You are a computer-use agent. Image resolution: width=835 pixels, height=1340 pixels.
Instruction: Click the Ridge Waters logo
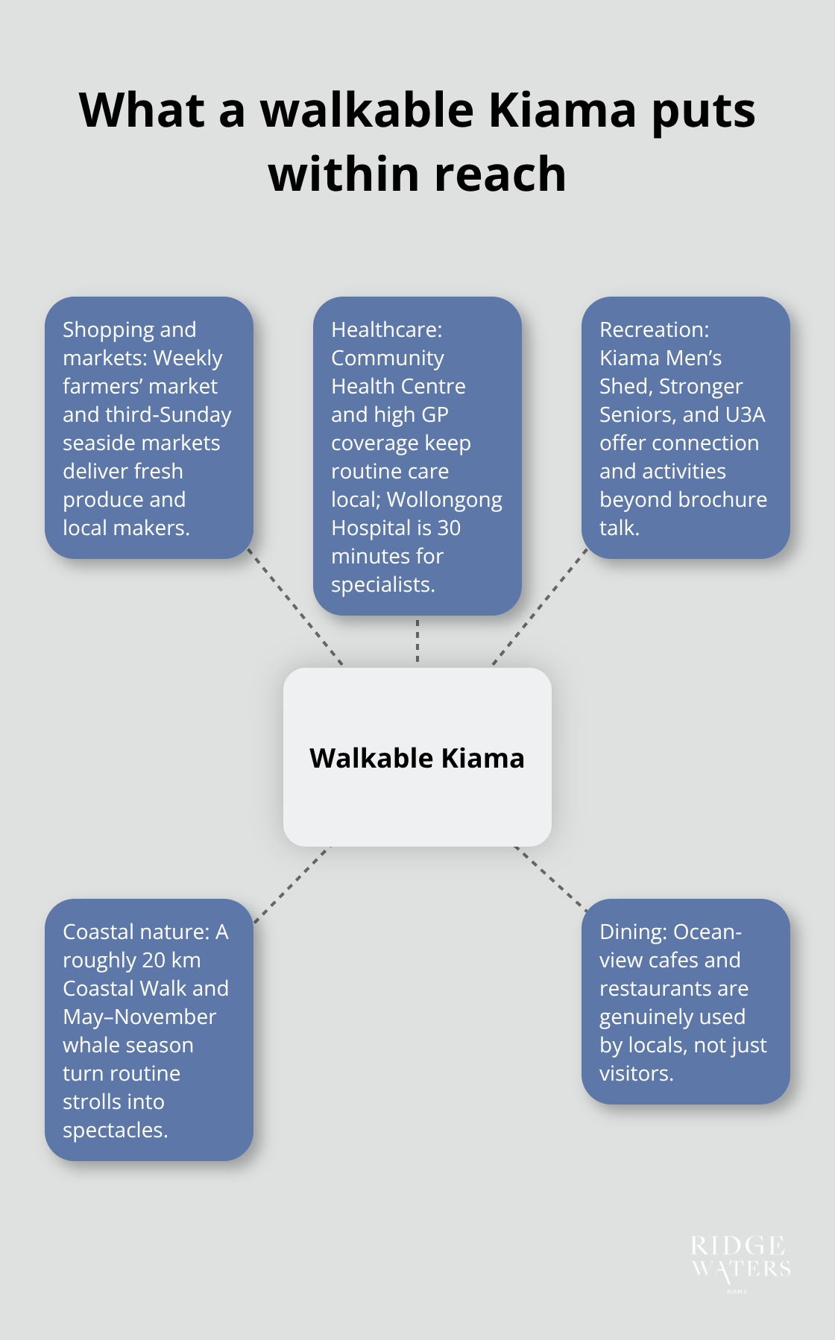click(740, 1260)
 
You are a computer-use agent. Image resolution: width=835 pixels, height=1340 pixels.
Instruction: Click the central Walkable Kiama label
click(417, 758)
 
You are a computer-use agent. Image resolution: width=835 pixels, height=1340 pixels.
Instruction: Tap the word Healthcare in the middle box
click(386, 329)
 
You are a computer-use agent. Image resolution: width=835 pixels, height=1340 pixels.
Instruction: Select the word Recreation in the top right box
click(654, 329)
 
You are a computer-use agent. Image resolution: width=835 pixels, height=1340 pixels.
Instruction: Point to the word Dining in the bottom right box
click(632, 932)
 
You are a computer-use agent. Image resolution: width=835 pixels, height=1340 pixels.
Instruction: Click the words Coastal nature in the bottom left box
click(136, 932)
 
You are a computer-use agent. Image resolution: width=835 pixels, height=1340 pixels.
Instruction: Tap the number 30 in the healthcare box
click(449, 528)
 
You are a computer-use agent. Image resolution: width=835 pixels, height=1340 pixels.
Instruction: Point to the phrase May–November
click(139, 1017)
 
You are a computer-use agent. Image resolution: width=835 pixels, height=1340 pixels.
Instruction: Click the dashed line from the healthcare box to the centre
click(417, 641)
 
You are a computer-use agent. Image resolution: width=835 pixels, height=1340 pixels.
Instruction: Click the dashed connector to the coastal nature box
click(291, 885)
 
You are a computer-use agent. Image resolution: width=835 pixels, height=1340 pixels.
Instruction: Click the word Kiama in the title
click(563, 110)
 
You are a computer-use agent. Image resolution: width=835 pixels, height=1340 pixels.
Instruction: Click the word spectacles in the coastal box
click(115, 1130)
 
